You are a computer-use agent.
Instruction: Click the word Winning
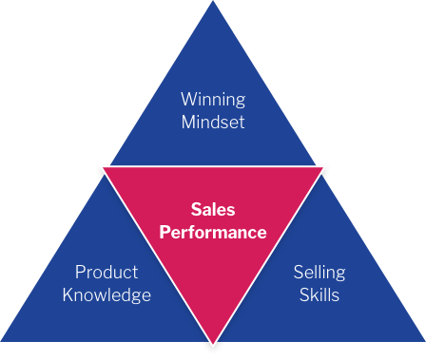[x=213, y=99]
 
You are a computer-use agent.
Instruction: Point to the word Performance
[x=213, y=232]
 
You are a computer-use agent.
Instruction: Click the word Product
[x=106, y=273]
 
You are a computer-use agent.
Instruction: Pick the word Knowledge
[x=106, y=294]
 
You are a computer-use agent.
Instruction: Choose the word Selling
[x=319, y=273]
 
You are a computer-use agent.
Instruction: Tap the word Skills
[x=319, y=294]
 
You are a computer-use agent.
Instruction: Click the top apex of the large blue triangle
[x=213, y=3]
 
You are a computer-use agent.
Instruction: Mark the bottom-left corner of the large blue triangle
[x=3, y=340]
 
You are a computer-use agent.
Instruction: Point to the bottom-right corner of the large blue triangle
[x=423, y=340]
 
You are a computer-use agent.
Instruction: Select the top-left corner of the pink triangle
[x=103, y=167]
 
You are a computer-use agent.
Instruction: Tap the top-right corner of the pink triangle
[x=324, y=167]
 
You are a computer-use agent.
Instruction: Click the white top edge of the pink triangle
[x=213, y=166]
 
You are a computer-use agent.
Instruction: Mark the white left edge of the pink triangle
[x=157, y=254]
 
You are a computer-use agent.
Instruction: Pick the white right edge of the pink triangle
[x=269, y=254]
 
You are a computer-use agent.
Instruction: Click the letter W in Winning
[x=187, y=99]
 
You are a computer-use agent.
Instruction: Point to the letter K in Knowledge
[x=68, y=294]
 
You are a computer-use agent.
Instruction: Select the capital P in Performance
[x=165, y=232]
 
